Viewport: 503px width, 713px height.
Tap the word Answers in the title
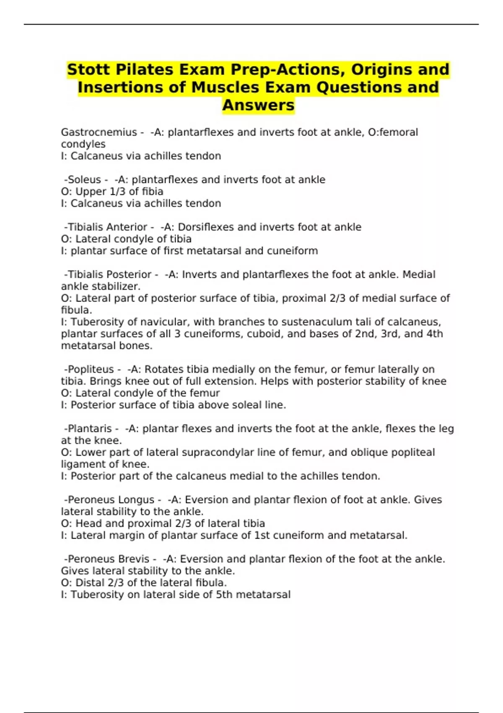point(258,105)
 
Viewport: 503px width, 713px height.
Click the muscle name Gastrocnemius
point(99,133)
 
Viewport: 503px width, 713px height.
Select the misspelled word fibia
point(153,192)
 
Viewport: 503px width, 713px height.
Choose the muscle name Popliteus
point(91,370)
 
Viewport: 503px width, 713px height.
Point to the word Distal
point(89,583)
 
